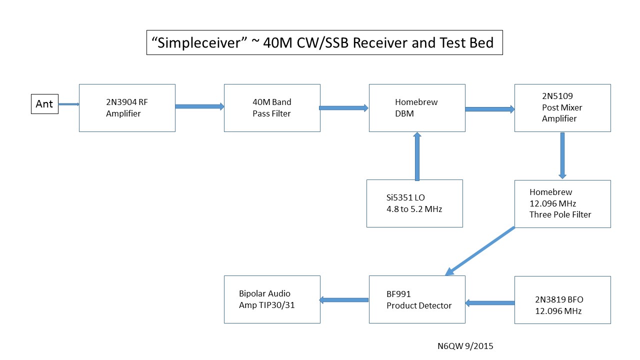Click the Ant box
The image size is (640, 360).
[44, 104]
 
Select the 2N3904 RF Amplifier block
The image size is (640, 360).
[127, 108]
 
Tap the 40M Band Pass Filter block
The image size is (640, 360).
[272, 108]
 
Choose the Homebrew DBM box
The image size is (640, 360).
[417, 108]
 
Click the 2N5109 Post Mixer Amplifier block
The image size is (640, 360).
[562, 108]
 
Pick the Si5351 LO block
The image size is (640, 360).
[414, 203]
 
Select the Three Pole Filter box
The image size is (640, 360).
[562, 203]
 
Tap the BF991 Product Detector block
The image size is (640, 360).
[417, 299]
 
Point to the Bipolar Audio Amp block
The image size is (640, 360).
[272, 299]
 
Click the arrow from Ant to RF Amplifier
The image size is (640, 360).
[69, 104]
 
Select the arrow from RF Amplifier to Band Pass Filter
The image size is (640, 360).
[199, 106]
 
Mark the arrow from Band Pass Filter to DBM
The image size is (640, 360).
[344, 107]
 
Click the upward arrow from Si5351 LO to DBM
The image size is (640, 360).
[417, 156]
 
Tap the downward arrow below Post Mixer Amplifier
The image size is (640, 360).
[562, 155]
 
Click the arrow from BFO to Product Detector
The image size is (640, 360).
[490, 303]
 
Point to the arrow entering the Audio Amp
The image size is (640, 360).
[344, 300]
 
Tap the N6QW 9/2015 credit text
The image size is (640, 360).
[465, 345]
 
